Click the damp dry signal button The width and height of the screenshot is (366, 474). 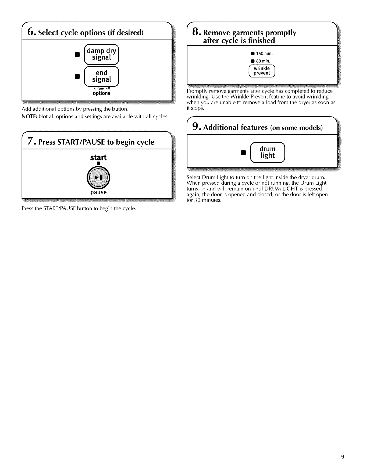[x=101, y=54]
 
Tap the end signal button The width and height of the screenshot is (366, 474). [x=101, y=76]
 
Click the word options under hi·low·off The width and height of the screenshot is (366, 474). [x=101, y=93]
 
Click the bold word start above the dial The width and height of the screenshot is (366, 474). [x=98, y=157]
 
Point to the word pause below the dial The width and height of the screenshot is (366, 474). [x=98, y=192]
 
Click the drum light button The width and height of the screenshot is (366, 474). [x=267, y=152]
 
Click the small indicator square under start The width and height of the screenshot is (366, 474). [x=99, y=163]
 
